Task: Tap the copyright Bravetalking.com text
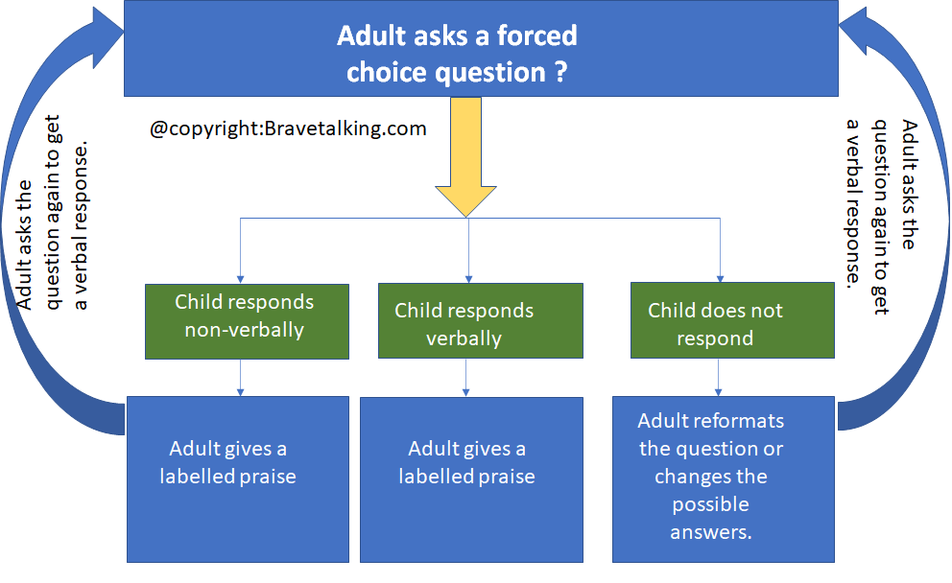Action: (288, 128)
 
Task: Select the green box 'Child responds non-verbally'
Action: (247, 321)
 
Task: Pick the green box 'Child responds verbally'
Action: (480, 321)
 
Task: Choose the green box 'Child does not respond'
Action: (732, 320)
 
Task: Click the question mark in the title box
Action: (560, 72)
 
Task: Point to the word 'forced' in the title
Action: (536, 35)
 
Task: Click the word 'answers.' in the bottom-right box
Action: (711, 532)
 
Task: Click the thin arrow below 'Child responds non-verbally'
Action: (241, 378)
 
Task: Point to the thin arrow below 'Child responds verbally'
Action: (465, 378)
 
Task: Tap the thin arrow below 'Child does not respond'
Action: (718, 378)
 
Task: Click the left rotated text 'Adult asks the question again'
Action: (52, 212)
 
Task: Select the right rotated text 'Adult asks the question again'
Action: (882, 217)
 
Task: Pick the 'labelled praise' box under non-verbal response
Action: (238, 479)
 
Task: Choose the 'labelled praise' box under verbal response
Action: (472, 479)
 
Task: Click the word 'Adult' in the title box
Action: (371, 35)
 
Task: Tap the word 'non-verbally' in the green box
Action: (245, 330)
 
